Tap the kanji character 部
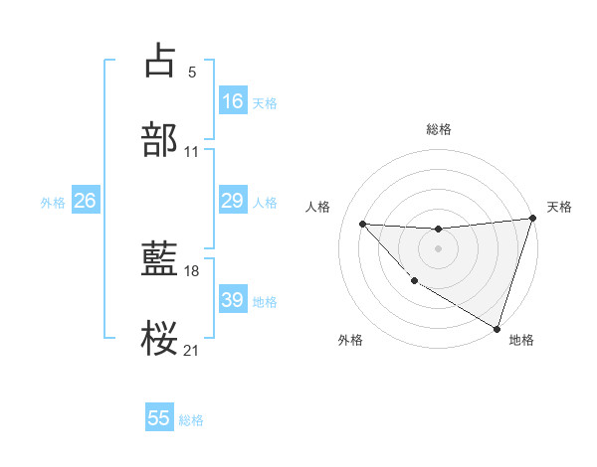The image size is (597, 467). (160, 139)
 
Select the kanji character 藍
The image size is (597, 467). (160, 259)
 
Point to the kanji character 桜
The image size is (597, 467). (160, 339)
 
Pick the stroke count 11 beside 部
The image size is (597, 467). (192, 152)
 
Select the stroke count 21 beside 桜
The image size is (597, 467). (192, 350)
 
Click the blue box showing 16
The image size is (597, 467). (232, 101)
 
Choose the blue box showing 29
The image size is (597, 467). (232, 201)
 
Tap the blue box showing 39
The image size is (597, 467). (232, 300)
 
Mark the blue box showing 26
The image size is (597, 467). (85, 201)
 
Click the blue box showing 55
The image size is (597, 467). (159, 418)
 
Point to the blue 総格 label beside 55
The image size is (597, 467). (191, 420)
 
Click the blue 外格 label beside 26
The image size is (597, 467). (53, 203)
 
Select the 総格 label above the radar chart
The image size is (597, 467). (439, 129)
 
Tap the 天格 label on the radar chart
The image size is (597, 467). (559, 207)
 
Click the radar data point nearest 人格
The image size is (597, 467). (362, 224)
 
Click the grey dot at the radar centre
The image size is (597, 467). (438, 247)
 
